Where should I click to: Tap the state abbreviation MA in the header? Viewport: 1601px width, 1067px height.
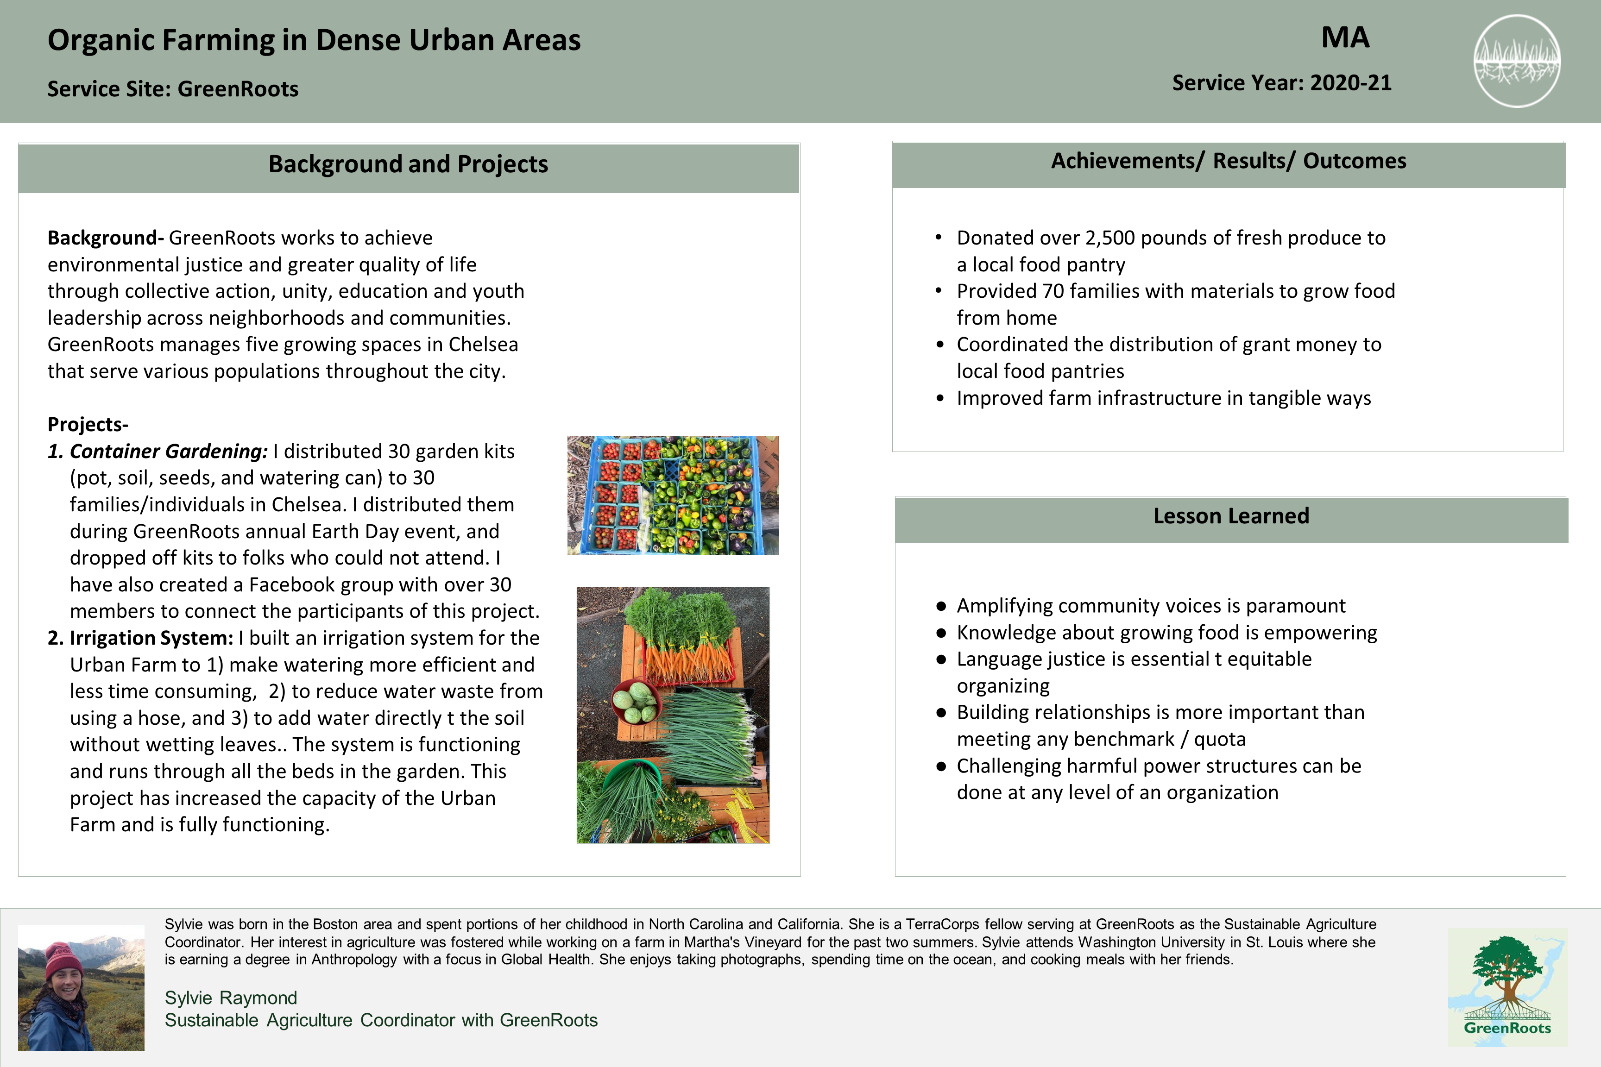[1345, 38]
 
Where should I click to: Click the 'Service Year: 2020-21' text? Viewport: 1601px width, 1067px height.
[1281, 83]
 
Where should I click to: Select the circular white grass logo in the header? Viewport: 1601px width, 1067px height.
[1517, 61]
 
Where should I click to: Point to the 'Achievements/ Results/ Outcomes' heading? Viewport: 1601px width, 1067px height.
[1228, 161]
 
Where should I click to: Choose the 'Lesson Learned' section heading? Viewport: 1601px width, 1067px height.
[1231, 516]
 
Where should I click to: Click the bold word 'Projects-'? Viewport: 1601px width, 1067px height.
[88, 425]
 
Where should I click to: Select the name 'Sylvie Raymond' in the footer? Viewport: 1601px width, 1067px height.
[231, 998]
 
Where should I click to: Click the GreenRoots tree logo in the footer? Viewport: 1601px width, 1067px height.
[1506, 987]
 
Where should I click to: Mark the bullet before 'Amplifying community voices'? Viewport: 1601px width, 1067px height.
[941, 606]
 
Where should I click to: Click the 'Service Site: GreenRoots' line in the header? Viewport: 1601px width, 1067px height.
[173, 89]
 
